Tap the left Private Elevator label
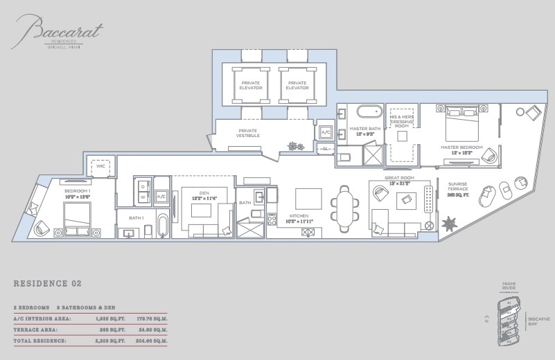tap(250, 85)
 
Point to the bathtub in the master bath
tap(369, 111)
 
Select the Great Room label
tap(403, 182)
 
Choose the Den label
tap(205, 195)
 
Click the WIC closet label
tap(100, 166)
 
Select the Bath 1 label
tap(135, 217)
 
